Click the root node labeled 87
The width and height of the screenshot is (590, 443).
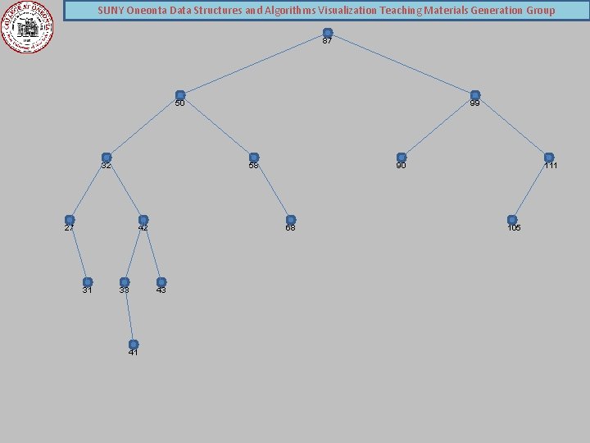[x=327, y=33]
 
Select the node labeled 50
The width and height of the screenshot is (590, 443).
[x=180, y=95]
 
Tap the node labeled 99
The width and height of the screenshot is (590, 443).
[x=474, y=95]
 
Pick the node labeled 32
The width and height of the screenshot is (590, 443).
[x=107, y=158]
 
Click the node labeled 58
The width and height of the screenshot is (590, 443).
[x=254, y=158]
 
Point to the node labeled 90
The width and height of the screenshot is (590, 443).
[x=402, y=158]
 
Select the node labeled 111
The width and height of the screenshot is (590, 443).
[x=549, y=158]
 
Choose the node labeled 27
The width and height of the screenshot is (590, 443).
[x=70, y=220]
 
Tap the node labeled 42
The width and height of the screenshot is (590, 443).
[x=143, y=220]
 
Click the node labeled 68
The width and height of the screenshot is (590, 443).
[x=291, y=220]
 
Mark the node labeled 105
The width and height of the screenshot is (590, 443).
[x=512, y=220]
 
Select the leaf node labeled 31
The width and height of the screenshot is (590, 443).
[x=88, y=282]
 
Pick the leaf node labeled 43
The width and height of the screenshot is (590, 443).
[x=161, y=282]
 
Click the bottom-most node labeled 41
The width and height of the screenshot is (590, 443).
[x=134, y=345]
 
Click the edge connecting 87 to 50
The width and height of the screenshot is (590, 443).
[x=254, y=64]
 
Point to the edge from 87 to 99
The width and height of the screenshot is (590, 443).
[x=401, y=64]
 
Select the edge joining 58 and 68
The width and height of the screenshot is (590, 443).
[x=272, y=189]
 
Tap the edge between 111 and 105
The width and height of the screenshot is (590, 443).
[x=531, y=189]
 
